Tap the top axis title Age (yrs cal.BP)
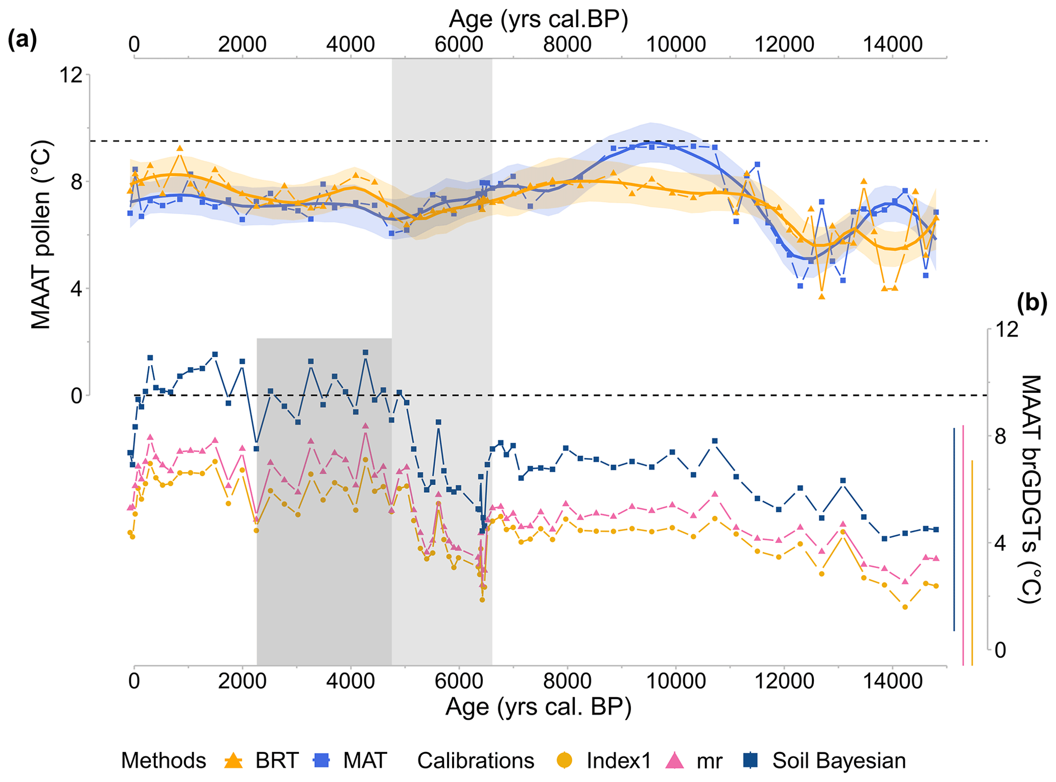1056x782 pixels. [538, 19]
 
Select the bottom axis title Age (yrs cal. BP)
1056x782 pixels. [538, 707]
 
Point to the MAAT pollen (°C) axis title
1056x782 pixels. [41, 235]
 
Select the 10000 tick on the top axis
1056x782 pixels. [675, 44]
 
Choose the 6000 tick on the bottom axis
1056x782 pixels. [459, 681]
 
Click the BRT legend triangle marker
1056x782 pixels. [234, 761]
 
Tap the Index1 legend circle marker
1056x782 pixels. [566, 761]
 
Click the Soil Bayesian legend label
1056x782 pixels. [838, 761]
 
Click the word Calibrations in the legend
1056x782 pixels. [475, 761]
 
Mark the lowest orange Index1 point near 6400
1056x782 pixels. [482, 600]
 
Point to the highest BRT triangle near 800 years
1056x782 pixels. [179, 149]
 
